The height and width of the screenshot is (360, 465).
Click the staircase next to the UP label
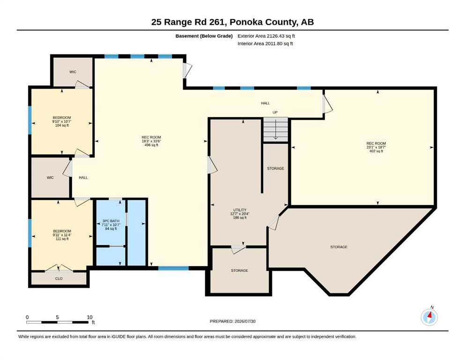click(x=275, y=129)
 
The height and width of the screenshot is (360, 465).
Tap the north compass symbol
click(x=429, y=317)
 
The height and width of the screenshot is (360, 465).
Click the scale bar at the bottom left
click(x=57, y=322)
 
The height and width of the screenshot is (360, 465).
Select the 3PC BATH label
click(x=111, y=221)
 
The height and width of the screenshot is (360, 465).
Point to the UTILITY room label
click(x=240, y=210)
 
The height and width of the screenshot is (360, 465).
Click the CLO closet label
click(x=59, y=279)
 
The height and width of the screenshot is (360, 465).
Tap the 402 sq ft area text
click(x=376, y=151)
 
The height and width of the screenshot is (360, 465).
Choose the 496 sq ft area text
click(x=151, y=145)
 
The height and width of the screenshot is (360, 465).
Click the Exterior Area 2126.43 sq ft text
click(x=266, y=36)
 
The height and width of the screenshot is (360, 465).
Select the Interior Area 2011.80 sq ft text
click(x=265, y=44)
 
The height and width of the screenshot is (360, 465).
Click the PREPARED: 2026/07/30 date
click(x=232, y=321)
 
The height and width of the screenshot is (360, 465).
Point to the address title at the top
click(x=232, y=22)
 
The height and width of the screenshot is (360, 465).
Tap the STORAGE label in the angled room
click(x=339, y=247)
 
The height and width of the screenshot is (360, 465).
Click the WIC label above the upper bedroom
click(x=73, y=72)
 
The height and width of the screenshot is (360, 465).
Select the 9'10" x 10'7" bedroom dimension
click(x=62, y=121)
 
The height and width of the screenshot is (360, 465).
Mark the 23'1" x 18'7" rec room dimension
click(x=376, y=147)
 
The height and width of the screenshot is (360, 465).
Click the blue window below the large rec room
click(x=173, y=268)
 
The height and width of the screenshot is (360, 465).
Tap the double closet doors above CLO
click(x=59, y=268)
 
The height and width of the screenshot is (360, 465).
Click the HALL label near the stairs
click(x=266, y=103)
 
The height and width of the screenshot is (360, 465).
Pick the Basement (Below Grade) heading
click(x=204, y=36)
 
